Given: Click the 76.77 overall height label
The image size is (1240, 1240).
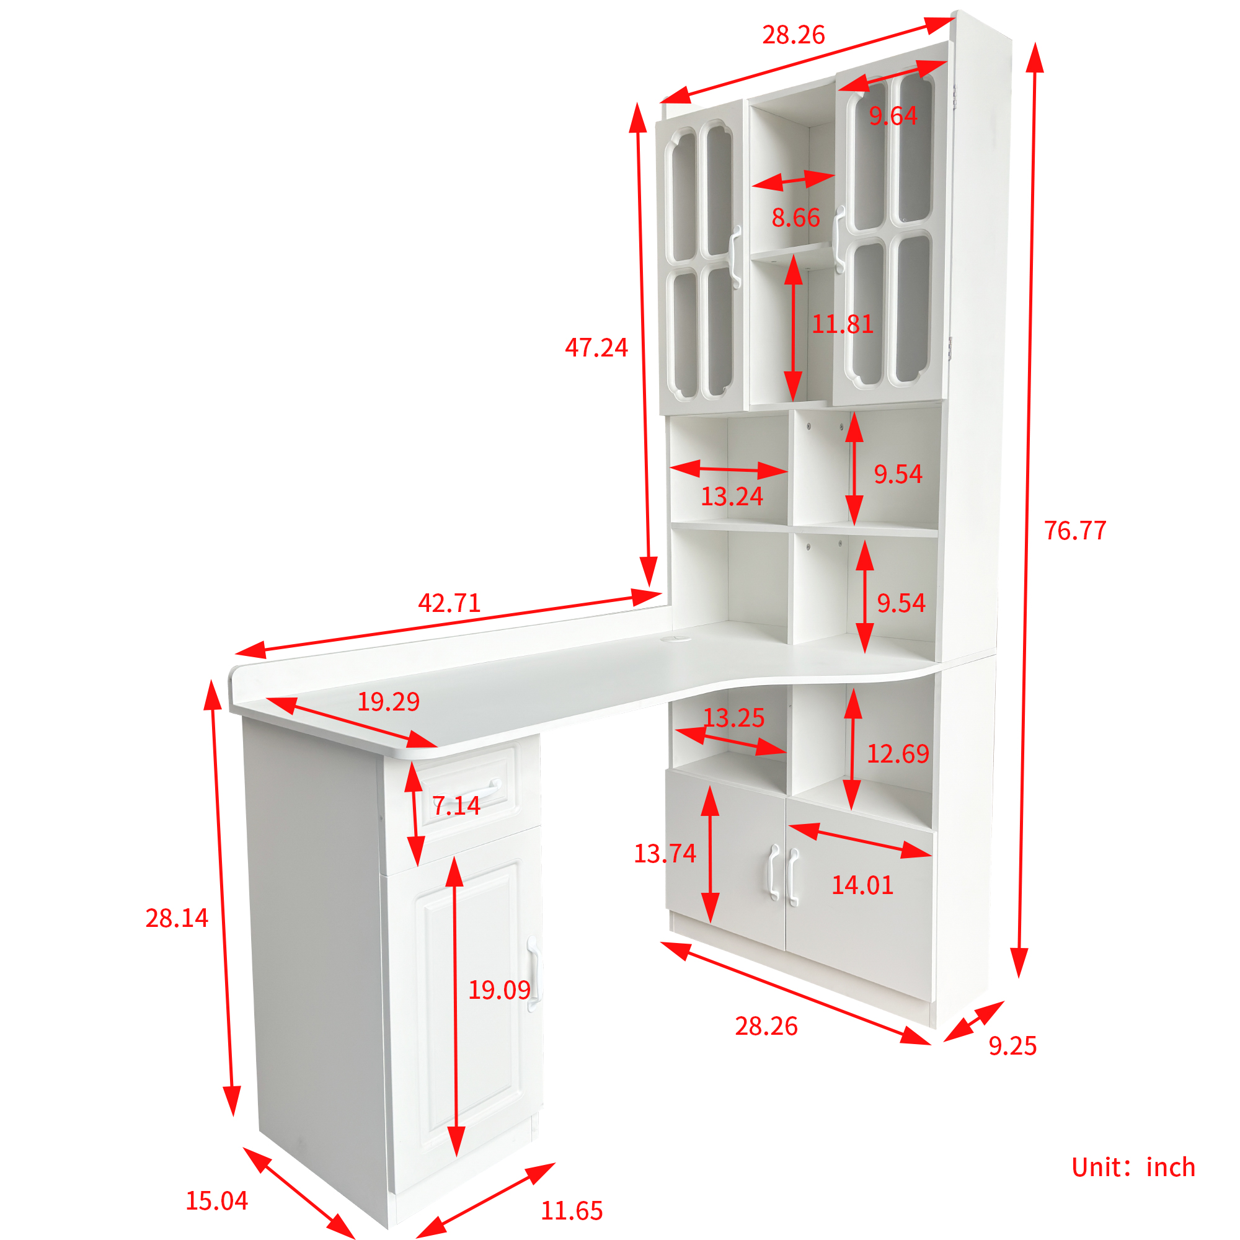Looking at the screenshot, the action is click(x=1075, y=531).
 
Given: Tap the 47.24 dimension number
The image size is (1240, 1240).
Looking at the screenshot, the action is click(x=596, y=348).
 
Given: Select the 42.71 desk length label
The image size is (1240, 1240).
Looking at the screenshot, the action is click(x=449, y=603).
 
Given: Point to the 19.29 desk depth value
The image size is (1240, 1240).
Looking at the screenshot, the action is click(x=388, y=701).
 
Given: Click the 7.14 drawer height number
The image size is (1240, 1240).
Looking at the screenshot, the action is click(x=456, y=805).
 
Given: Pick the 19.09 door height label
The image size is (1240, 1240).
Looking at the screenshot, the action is click(x=499, y=990).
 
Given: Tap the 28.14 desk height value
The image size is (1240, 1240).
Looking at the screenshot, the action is click(x=177, y=918).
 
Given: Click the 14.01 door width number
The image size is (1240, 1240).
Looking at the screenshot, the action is click(x=862, y=885).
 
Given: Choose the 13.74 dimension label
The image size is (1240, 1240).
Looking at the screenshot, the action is click(x=665, y=853).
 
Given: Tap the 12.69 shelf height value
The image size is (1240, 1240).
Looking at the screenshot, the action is click(x=898, y=753).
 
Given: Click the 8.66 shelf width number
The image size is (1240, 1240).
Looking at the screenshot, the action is click(x=796, y=218).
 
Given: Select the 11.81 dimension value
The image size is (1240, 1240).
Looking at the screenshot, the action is click(x=843, y=324).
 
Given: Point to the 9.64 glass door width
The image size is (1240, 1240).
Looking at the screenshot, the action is click(x=893, y=115).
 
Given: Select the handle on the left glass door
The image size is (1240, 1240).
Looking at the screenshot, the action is click(x=735, y=257).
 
